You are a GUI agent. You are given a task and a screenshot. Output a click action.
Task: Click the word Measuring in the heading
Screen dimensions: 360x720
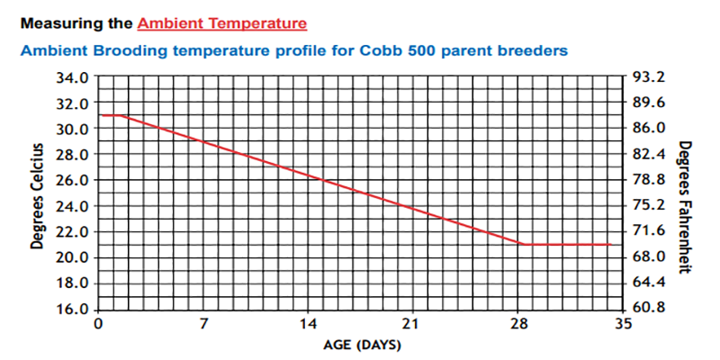tap(53, 20)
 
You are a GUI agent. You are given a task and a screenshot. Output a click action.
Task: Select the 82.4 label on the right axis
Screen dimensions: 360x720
tap(649, 153)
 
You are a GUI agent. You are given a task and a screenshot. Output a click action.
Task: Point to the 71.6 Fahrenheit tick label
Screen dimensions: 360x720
tap(649, 230)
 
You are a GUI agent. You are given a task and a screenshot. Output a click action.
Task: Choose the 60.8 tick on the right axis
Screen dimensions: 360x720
tap(649, 308)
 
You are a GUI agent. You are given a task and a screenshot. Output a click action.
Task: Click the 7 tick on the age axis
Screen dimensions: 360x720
tap(203, 324)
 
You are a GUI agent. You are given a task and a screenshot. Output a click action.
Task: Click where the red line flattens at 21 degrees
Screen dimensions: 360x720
tap(525, 244)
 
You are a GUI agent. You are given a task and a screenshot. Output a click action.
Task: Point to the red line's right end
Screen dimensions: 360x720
tap(612, 244)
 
